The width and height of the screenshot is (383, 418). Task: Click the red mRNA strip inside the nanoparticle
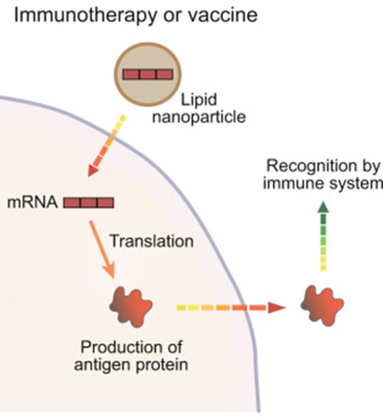tap(147, 74)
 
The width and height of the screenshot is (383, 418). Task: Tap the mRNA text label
tap(40, 203)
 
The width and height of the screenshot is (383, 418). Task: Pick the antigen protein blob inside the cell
tap(131, 305)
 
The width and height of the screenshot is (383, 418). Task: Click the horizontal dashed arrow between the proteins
tap(230, 308)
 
